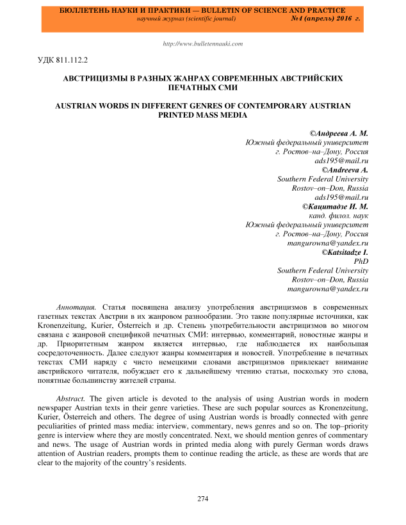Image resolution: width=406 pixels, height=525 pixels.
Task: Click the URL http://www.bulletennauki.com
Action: coord(203,44)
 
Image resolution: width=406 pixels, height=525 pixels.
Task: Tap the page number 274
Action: coord(203,499)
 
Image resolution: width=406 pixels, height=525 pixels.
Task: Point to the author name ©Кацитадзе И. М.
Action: coord(335,207)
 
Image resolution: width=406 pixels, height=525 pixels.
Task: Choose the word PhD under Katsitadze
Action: coord(361,262)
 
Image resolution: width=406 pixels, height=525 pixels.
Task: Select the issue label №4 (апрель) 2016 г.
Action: coord(326,19)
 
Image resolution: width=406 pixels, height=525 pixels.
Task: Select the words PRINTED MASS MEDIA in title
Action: coord(203,115)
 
